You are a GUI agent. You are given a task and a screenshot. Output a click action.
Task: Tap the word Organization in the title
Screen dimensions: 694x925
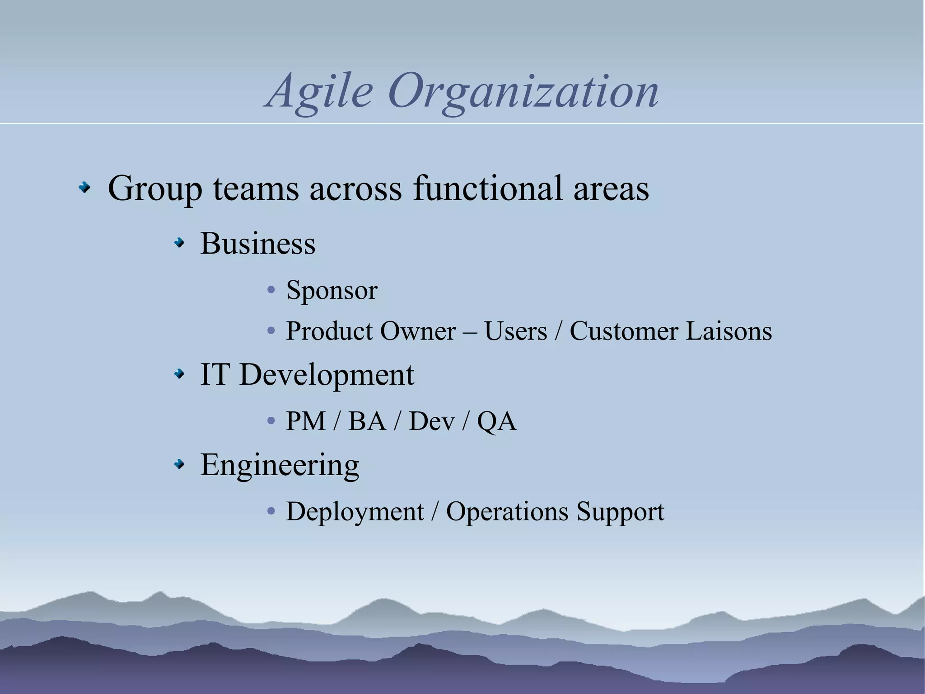(x=523, y=92)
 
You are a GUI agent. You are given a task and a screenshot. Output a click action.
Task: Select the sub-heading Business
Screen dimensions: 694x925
(x=257, y=244)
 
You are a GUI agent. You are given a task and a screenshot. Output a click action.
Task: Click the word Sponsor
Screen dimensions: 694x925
(x=332, y=290)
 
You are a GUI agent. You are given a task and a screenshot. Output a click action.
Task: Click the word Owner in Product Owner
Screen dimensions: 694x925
(x=418, y=331)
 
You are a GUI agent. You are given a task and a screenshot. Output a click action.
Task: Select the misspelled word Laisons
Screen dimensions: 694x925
(x=729, y=331)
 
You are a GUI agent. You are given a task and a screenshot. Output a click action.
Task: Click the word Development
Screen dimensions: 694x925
(x=326, y=375)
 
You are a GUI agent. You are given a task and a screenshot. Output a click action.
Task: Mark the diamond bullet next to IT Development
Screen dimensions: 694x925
(x=180, y=374)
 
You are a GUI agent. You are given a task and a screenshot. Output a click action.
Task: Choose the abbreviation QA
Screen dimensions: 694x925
(x=496, y=421)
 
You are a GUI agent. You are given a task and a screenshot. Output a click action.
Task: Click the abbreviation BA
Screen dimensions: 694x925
(x=367, y=421)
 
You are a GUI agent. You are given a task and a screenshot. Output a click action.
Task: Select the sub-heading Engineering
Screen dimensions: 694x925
(x=280, y=465)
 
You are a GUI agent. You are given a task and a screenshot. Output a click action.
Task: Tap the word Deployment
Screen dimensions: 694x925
(x=355, y=512)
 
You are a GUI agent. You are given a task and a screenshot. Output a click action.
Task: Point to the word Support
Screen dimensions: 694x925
(x=620, y=512)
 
